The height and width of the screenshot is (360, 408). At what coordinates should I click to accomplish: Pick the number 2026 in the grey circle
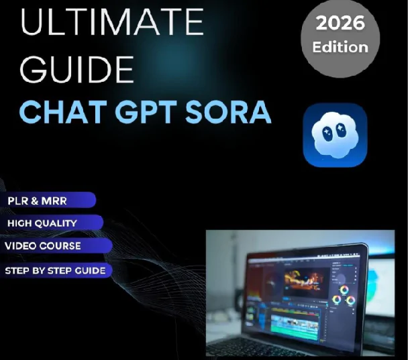[x=340, y=25]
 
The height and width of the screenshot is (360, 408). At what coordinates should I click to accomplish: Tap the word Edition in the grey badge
[x=340, y=47]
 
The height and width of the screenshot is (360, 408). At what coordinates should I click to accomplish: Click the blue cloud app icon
[x=335, y=135]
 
